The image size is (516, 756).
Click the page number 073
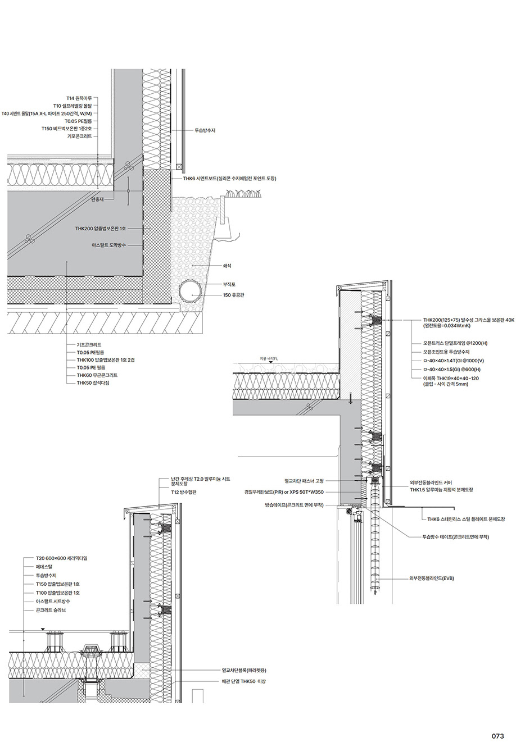(497, 736)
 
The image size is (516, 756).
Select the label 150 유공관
(234, 295)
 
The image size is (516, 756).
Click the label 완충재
(98, 199)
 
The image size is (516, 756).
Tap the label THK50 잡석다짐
(93, 382)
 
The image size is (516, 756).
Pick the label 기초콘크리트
(89, 345)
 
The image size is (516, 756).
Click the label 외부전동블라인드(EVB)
(431, 578)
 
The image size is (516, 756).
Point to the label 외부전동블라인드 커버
(435, 482)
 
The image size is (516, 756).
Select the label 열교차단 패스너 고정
(304, 481)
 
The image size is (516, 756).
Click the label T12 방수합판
(184, 492)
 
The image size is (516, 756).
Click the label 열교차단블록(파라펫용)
(244, 670)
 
